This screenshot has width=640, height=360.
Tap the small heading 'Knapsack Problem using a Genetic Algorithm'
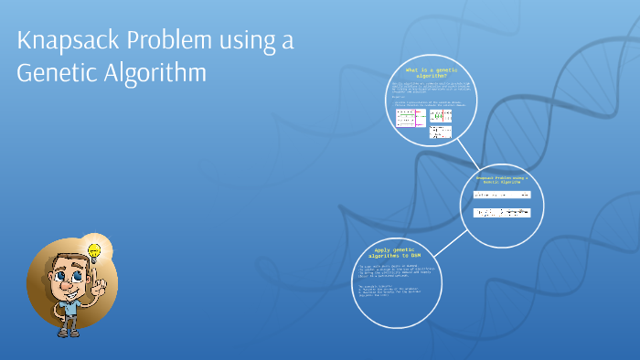502,179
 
